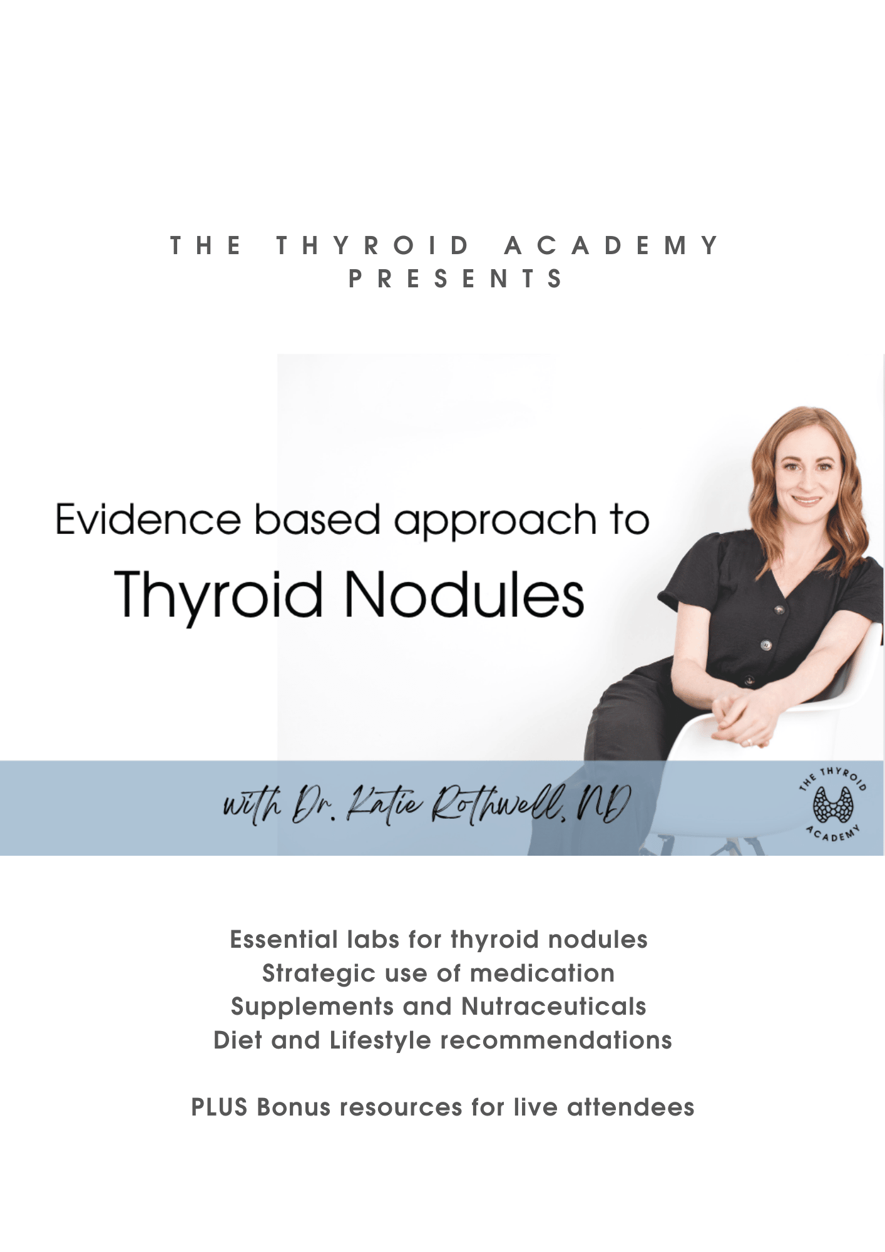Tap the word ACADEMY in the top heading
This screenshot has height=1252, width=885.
[x=612, y=245]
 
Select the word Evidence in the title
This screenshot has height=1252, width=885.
[x=148, y=520]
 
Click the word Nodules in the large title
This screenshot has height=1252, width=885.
[x=464, y=595]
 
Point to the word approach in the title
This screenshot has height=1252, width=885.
[x=495, y=521]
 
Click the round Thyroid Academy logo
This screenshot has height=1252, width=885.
[x=832, y=804]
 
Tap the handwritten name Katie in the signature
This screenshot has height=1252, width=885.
[x=384, y=804]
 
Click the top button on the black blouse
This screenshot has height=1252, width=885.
[x=779, y=609]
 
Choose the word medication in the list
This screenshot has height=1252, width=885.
[x=542, y=973]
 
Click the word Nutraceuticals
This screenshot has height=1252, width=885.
[x=553, y=1007]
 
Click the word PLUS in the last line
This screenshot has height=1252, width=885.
[x=219, y=1107]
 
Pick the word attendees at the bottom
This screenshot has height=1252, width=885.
[x=630, y=1107]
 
